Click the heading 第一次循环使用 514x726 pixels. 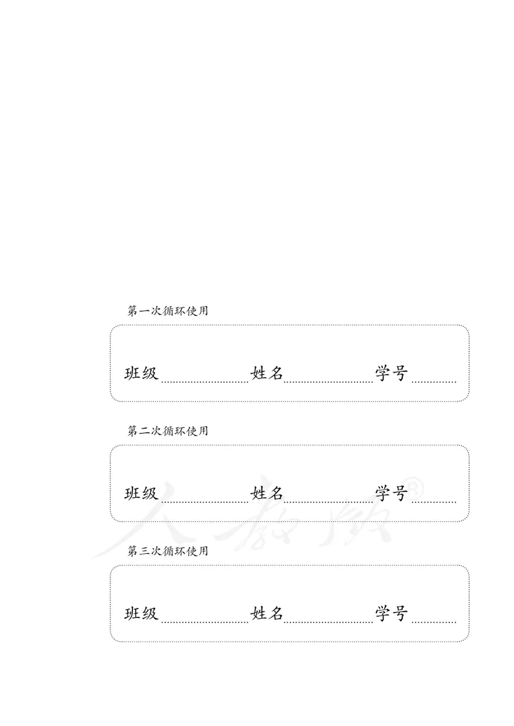pos(168,311)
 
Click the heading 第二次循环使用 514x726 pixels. pos(168,431)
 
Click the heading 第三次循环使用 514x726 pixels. pos(168,551)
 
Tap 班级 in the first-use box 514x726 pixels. pos(141,373)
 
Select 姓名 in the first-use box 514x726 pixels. pos(267,373)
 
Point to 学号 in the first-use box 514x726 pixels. pos(392,373)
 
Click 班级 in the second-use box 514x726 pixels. pos(141,493)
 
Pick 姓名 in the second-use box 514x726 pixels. pos(267,493)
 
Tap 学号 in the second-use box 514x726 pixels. pos(392,493)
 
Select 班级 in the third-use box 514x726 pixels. pos(141,614)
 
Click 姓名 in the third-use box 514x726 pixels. pos(267,614)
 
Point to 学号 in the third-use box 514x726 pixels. pos(392,614)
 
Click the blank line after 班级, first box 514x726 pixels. pos(204,381)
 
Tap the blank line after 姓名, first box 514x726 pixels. pos(328,381)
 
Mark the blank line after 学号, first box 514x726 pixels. pos(434,381)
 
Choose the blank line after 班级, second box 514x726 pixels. pos(204,501)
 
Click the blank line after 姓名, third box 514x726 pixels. pos(328,621)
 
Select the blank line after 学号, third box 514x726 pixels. pos(434,621)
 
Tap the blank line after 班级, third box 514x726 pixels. pos(204,621)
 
